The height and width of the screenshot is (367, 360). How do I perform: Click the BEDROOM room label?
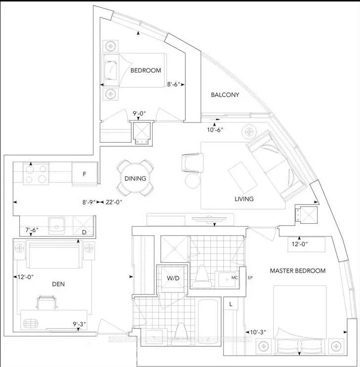[x=146, y=70]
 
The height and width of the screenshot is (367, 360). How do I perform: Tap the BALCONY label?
[x=225, y=95]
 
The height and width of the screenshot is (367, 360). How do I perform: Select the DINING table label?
[x=135, y=179]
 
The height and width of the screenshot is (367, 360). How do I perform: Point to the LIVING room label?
[x=244, y=199]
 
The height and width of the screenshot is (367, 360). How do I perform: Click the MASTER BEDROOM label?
[x=297, y=271]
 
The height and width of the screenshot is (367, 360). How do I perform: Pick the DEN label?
[x=58, y=284]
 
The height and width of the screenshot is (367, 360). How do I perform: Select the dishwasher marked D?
[x=84, y=232]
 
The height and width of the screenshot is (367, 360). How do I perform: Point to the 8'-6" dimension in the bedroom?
[x=175, y=84]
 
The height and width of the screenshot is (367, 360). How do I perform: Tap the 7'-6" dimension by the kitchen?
[x=34, y=230]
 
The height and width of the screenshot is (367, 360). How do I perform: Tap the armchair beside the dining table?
[x=192, y=161]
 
